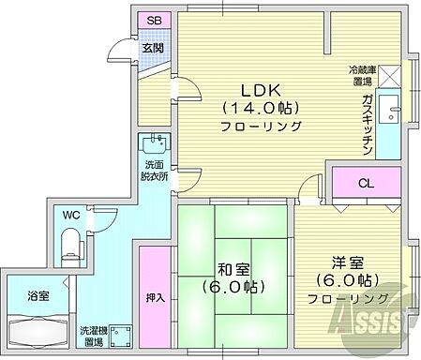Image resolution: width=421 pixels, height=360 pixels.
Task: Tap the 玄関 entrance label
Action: point(153,47)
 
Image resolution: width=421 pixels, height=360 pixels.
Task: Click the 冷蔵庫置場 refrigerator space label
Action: point(364,76)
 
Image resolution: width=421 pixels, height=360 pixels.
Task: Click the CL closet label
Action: point(365,183)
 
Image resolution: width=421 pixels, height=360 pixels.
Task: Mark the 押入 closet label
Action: point(155,299)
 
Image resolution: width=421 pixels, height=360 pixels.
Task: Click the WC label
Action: point(69,215)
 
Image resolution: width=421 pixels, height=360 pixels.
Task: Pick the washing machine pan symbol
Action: point(118,335)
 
